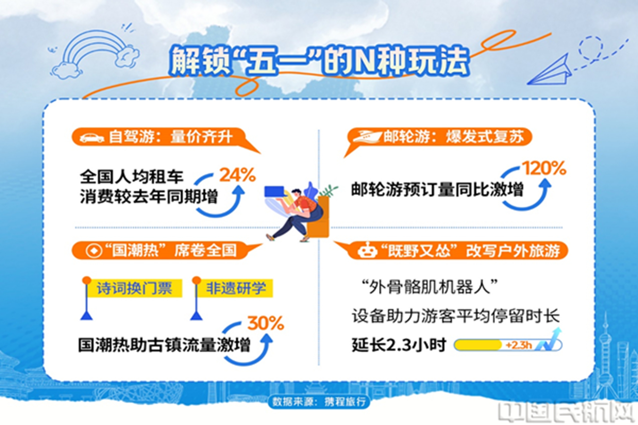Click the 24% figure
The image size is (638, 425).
click(x=238, y=175)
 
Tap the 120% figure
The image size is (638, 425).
click(x=544, y=168)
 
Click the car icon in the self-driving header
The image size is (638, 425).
click(x=92, y=137)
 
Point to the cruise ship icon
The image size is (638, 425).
click(x=367, y=136)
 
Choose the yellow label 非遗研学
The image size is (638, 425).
click(x=235, y=288)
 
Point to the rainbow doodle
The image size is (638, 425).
click(x=95, y=54)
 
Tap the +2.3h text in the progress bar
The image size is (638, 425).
click(x=519, y=345)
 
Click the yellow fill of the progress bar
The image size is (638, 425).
click(x=478, y=345)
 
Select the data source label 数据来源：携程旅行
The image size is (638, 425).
click(x=319, y=401)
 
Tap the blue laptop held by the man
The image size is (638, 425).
click(x=274, y=191)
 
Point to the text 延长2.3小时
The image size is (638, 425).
click(x=399, y=345)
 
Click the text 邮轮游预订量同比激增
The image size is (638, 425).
click(x=437, y=189)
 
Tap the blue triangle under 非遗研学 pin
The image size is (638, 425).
click(x=196, y=316)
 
